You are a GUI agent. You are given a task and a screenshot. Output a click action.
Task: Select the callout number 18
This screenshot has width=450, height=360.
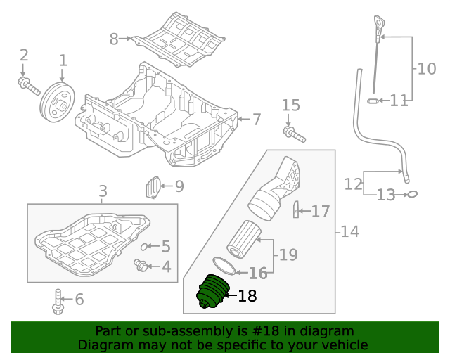[247, 297]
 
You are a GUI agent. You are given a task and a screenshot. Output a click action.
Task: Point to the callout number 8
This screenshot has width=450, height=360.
[114, 39]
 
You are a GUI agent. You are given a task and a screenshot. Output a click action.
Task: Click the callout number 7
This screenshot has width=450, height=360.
[257, 119]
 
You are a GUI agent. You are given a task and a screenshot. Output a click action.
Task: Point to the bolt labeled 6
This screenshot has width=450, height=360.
[57, 302]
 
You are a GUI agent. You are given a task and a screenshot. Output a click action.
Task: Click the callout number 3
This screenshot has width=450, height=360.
[103, 191]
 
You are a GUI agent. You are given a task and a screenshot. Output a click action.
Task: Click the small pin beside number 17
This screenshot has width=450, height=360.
[296, 210]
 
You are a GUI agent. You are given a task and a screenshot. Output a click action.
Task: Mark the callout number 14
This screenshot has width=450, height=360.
[349, 231]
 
